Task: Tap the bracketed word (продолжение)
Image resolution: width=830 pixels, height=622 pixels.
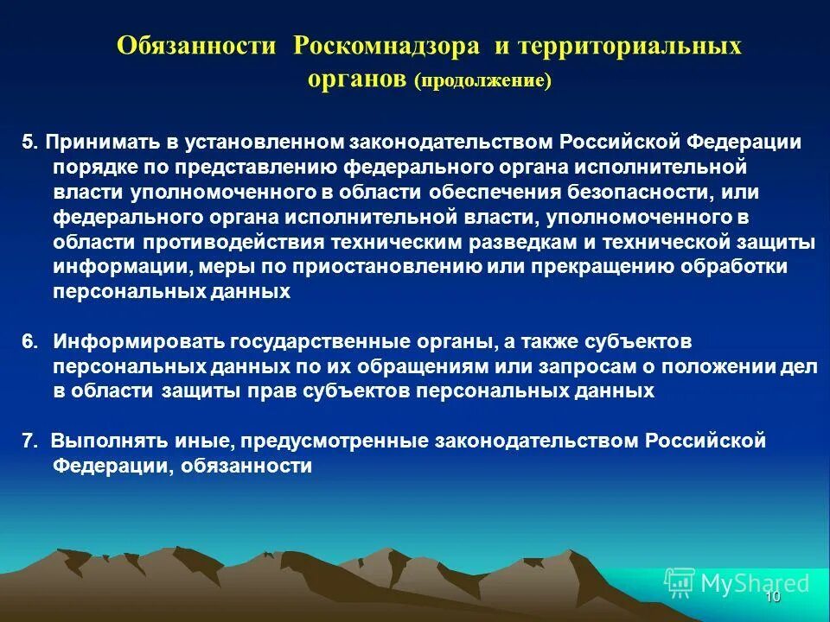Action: pos(482,80)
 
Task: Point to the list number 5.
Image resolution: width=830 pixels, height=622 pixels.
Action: pos(28,142)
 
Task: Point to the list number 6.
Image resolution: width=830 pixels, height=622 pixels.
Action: pos(29,341)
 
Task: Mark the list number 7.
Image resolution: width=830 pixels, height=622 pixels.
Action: pos(29,441)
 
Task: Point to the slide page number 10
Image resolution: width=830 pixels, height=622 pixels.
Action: pos(773,597)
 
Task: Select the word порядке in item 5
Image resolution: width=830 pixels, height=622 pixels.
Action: pos(92,167)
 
